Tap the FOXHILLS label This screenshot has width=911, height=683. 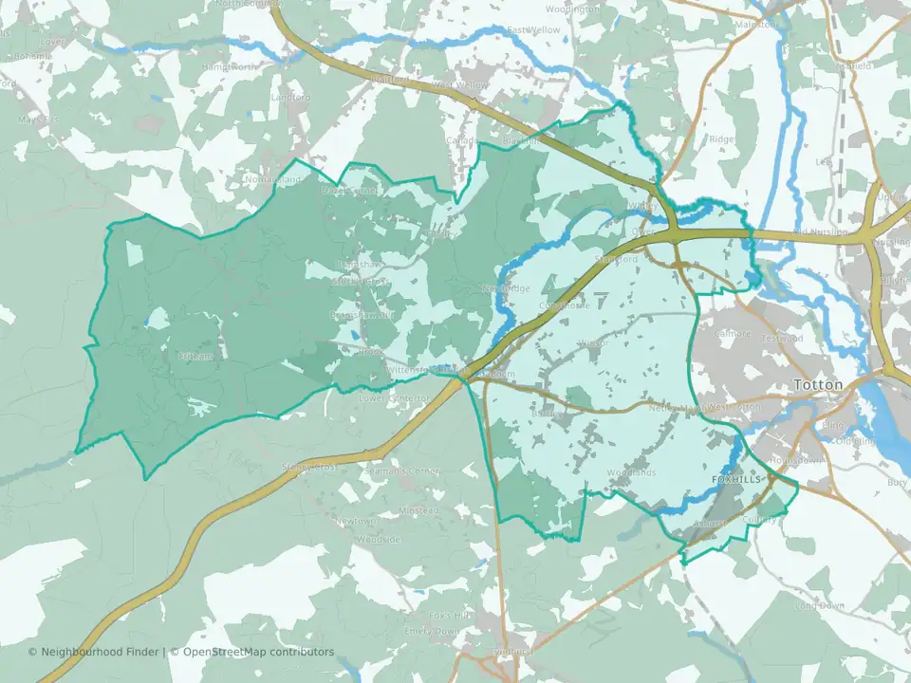[736, 481]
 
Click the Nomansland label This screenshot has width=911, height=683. [272, 179]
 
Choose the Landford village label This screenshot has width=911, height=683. [290, 98]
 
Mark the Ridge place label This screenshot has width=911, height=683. [722, 138]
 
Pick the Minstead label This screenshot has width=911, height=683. [418, 510]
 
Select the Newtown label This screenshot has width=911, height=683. [354, 521]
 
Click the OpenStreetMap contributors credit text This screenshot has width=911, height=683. [258, 652]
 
